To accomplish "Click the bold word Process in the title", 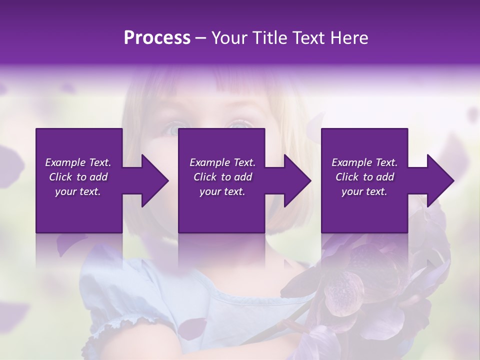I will [x=157, y=38].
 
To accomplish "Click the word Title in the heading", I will [x=271, y=38].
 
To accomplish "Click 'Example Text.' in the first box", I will [x=78, y=162].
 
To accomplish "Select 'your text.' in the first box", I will [x=78, y=191].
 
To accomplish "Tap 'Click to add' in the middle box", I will [x=222, y=177].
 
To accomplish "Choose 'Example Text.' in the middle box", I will [x=222, y=162].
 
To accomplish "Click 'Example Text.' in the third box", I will [x=364, y=162].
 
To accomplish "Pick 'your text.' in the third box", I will [x=364, y=191].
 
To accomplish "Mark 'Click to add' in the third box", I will [x=364, y=177].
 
